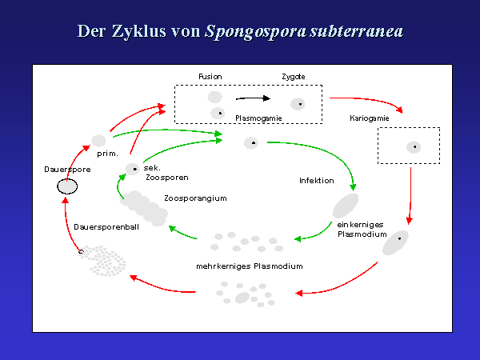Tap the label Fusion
pos(210,77)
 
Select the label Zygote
pos(293,77)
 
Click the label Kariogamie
pos(370,118)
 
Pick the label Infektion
pos(316,181)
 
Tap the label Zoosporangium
pos(194,198)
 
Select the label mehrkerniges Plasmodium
pos(249,266)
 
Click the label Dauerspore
pos(66,170)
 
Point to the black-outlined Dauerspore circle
pos(67,186)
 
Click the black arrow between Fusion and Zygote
pos(254,99)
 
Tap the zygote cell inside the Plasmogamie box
pos(298,104)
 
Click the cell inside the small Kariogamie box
pos(413,146)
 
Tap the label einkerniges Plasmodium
pos(362,230)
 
